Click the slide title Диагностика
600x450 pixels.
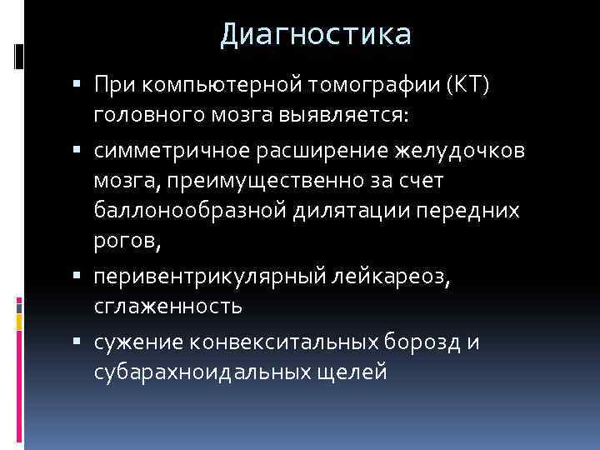[316, 34]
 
